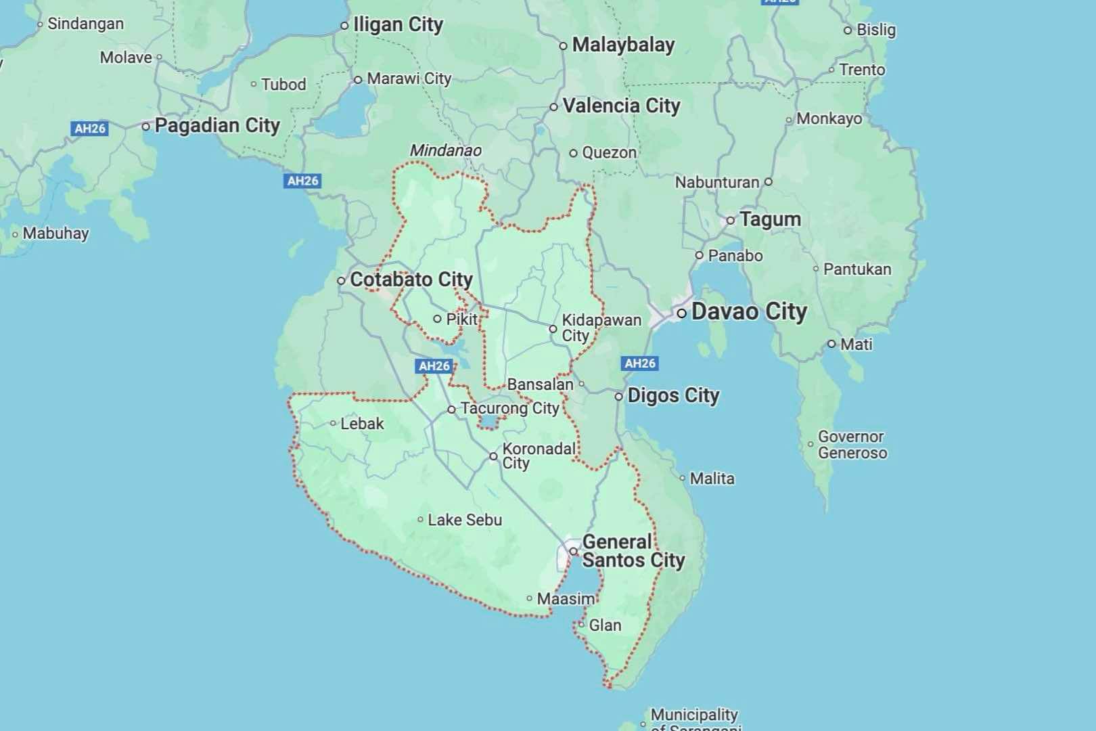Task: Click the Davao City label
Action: coord(749,312)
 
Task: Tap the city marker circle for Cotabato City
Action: coord(342,280)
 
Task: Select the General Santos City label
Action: coord(633,551)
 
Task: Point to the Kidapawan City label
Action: coord(601,328)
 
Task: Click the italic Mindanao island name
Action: coord(445,150)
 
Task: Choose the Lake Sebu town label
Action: coord(465,520)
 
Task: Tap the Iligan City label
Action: coord(398,25)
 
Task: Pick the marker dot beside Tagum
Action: coord(731,220)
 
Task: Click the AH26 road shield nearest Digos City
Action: coord(639,363)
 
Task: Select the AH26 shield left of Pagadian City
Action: coord(90,128)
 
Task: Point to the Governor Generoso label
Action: coord(852,445)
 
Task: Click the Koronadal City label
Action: coord(539,456)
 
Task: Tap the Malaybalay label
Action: coord(623,45)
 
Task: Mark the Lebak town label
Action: coord(362,424)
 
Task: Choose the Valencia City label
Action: coord(621,106)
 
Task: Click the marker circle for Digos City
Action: coord(618,397)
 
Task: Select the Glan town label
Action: coord(605,625)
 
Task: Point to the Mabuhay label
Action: coord(55,234)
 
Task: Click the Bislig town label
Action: coord(876,30)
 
